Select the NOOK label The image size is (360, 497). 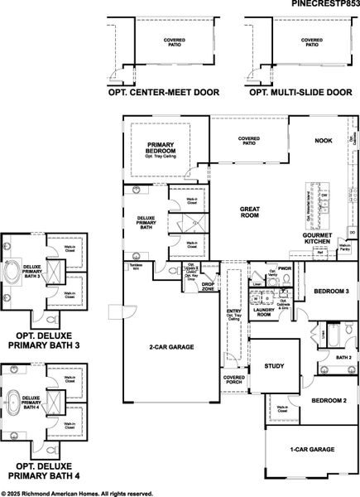[x=323, y=141]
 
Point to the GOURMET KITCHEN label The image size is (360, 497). [x=317, y=239]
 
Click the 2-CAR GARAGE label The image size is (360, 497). [x=171, y=347]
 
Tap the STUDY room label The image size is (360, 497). [x=274, y=365]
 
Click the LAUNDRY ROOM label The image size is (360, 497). [x=264, y=313]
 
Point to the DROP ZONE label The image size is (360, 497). [x=208, y=287]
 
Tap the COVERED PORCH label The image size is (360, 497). [x=233, y=380]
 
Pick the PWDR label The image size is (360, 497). [x=284, y=268]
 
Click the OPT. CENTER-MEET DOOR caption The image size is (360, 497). [x=164, y=93]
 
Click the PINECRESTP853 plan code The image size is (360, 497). [x=325, y=4]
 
